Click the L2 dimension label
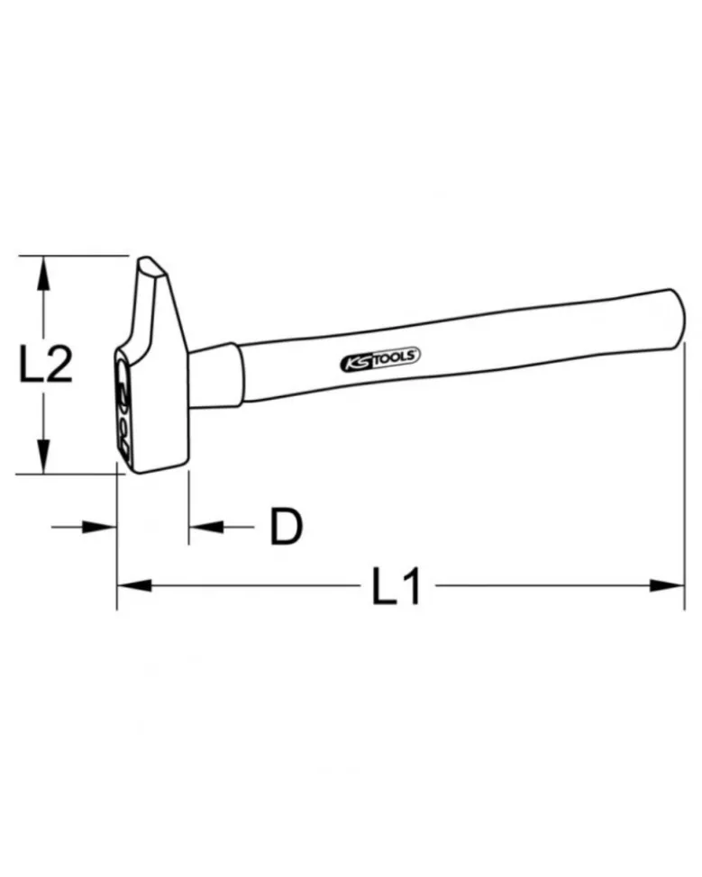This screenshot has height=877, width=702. click(46, 364)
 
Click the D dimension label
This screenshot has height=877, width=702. click(286, 526)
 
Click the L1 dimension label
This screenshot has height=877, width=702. click(397, 585)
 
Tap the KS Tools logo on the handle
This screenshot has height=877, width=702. click(380, 358)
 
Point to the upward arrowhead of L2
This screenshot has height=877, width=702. click(42, 273)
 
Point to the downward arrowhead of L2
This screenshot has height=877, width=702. click(42, 457)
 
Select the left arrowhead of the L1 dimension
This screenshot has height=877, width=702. click(134, 585)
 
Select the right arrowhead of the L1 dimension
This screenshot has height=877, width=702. click(667, 585)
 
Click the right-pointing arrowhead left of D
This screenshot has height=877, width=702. click(99, 527)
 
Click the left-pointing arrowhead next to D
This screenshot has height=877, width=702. click(206, 527)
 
